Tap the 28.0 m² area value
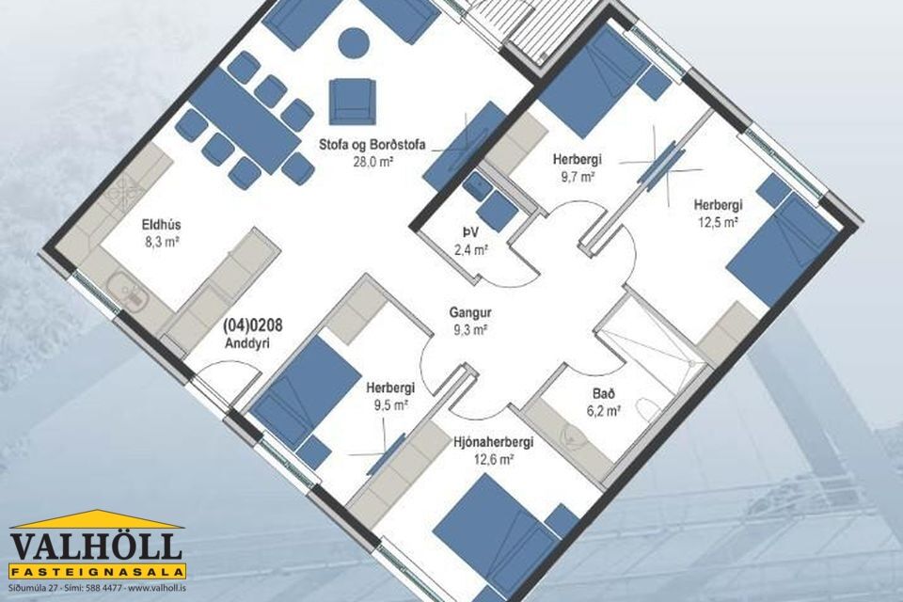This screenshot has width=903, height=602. [x=372, y=162]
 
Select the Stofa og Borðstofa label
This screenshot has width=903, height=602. [x=372, y=145]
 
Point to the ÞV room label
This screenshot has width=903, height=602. [x=470, y=231]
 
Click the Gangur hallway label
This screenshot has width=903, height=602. [x=470, y=313]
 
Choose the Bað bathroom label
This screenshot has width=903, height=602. [x=604, y=394]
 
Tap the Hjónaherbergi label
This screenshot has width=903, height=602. [x=494, y=442]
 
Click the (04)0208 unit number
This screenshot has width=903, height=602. [x=253, y=326]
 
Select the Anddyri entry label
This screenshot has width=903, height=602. [x=248, y=344]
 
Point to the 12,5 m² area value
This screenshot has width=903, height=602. [x=718, y=222]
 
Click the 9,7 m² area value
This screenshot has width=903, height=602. [x=578, y=176]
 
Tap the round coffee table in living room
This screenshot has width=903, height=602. [x=354, y=43]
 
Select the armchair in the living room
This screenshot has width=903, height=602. [x=353, y=102]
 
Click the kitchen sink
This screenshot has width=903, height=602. [x=129, y=289]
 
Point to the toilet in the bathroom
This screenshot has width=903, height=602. [x=647, y=413]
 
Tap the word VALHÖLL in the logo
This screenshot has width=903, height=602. [x=96, y=547]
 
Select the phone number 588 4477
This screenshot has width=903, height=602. [x=103, y=588]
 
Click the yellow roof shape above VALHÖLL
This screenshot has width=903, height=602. [x=96, y=519]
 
